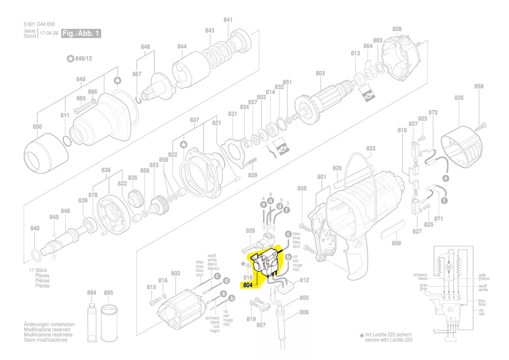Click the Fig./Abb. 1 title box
click(x=82, y=33)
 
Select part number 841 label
click(x=228, y=20)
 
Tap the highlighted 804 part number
click(x=247, y=286)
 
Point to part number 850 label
click(x=37, y=127)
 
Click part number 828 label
click(x=397, y=29)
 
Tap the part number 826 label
click(x=458, y=98)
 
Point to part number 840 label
click(x=35, y=228)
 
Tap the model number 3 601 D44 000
click(x=39, y=25)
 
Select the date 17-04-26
click(x=49, y=33)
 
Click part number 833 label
click(x=370, y=148)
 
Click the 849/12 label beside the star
click(x=83, y=58)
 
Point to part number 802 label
click(x=175, y=273)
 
